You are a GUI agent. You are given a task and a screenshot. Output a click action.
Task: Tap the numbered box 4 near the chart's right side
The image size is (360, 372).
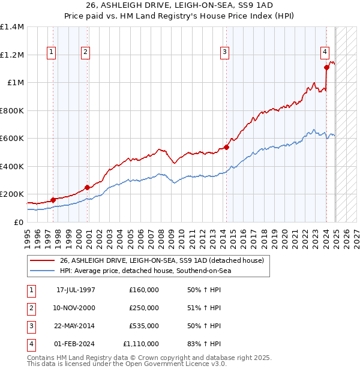click(324, 52)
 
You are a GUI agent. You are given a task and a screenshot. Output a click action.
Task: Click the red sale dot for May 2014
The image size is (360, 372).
click(226, 147)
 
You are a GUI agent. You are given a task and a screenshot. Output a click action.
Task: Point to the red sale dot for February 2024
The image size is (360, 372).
click(326, 67)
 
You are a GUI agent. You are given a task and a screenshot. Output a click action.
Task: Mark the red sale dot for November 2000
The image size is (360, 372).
click(87, 187)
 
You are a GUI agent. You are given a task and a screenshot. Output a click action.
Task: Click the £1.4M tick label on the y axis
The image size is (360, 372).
click(12, 27)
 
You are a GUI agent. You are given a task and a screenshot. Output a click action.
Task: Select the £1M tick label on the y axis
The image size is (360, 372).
click(16, 83)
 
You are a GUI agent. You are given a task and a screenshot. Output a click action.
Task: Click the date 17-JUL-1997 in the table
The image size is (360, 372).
click(76, 290)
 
